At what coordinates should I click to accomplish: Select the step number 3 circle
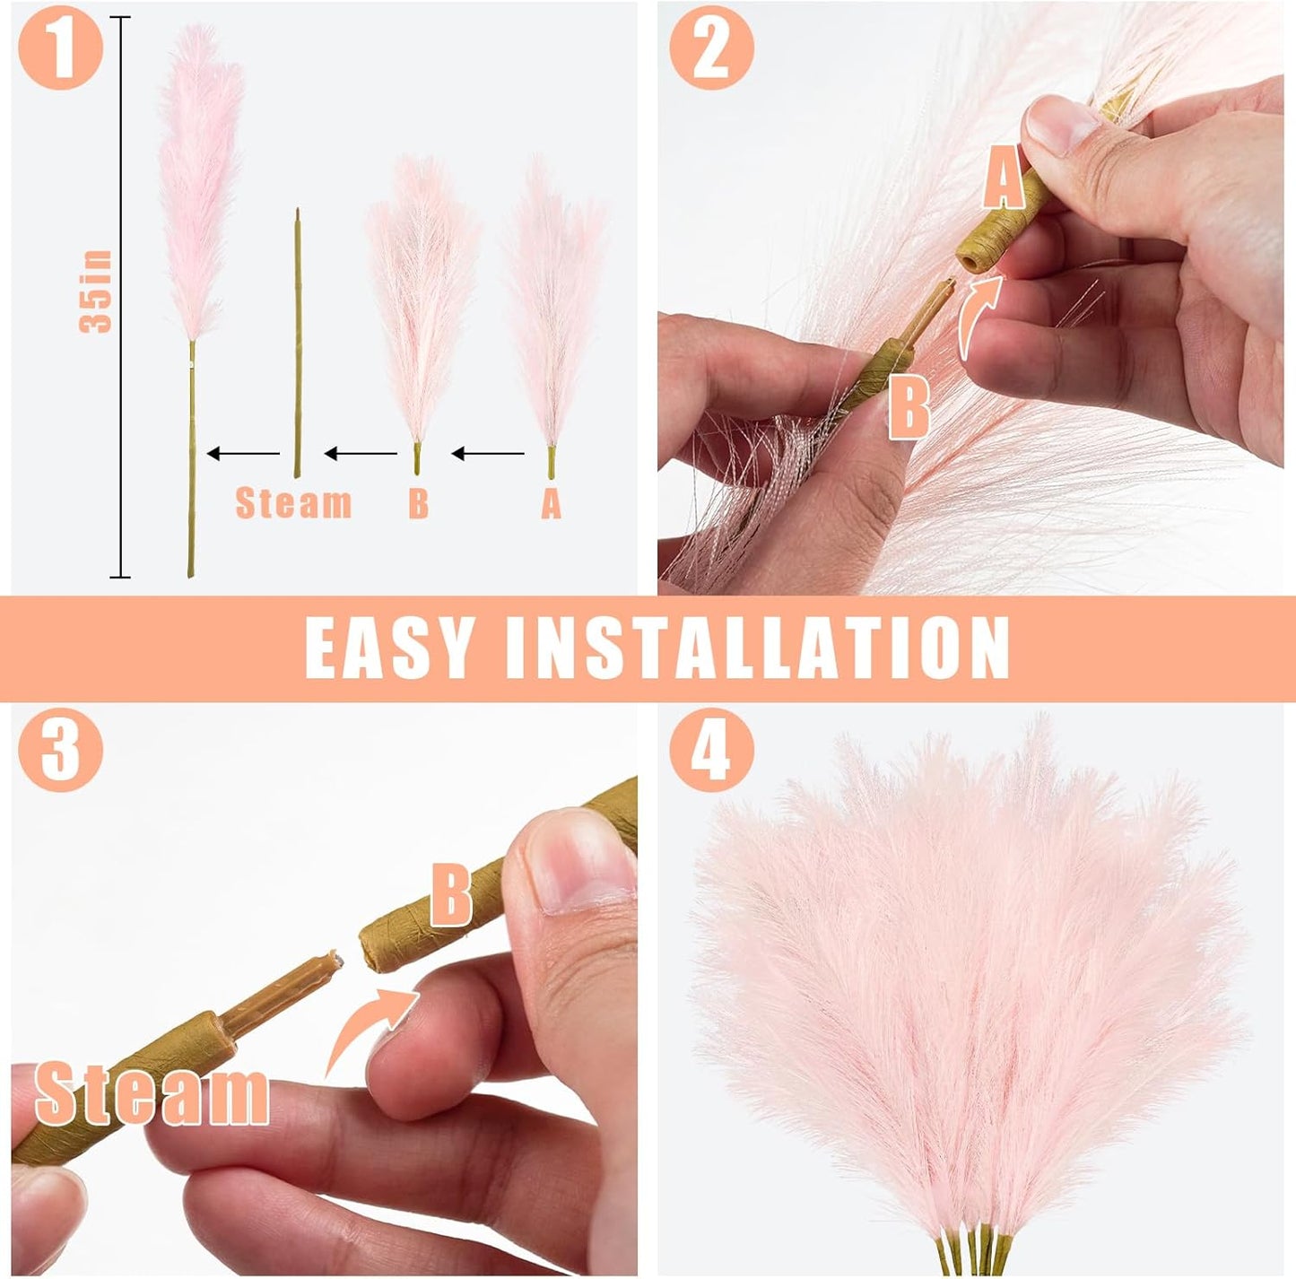point(60,748)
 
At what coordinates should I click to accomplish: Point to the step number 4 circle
point(711,748)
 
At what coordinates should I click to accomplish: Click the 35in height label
point(97,292)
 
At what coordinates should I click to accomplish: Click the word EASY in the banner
point(388,648)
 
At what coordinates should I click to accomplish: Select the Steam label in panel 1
point(293,503)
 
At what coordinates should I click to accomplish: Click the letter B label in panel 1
point(418,504)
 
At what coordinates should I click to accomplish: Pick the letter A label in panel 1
point(551,504)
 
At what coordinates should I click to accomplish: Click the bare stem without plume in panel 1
point(298,341)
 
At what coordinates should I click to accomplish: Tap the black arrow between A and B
point(488,454)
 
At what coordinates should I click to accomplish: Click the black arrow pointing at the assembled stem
point(243,454)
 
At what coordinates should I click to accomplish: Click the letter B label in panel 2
point(909,407)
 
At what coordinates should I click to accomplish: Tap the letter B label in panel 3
point(451,894)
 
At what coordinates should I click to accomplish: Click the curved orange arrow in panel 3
point(368,1027)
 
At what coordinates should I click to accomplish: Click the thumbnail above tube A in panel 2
point(1061,123)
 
